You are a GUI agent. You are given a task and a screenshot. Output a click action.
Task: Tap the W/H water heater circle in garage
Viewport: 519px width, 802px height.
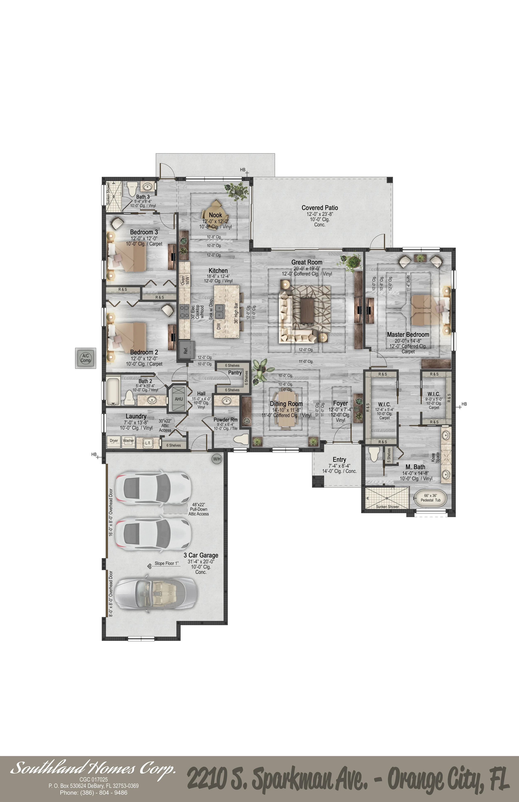tap(217, 459)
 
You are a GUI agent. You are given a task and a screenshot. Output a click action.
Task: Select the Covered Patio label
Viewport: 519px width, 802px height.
tap(319, 208)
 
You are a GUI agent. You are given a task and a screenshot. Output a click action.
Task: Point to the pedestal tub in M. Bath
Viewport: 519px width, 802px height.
tap(430, 498)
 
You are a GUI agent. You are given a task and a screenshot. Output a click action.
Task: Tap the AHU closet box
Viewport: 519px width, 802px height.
tap(178, 399)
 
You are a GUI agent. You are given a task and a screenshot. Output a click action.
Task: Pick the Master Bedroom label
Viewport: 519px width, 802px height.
tap(408, 335)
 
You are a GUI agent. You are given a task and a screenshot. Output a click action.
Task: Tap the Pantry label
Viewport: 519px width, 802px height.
tap(235, 373)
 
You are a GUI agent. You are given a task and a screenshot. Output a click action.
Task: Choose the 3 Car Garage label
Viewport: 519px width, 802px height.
tap(201, 555)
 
